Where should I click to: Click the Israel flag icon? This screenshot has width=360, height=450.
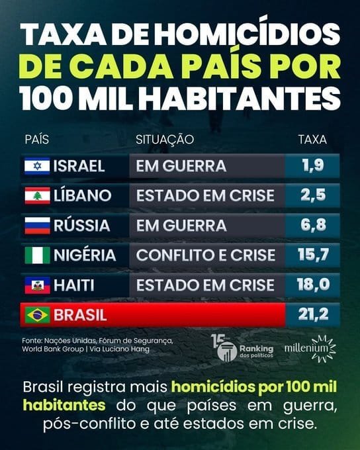(37, 166)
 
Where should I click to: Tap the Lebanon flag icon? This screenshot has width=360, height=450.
(37, 196)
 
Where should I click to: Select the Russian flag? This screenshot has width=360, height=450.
(37, 226)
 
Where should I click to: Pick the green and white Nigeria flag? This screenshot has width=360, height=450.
(37, 255)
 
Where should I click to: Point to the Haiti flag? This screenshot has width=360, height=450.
(37, 285)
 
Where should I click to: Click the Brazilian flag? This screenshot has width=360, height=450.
(37, 315)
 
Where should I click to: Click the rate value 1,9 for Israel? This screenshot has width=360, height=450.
(313, 165)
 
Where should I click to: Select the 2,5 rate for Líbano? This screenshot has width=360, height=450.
(313, 195)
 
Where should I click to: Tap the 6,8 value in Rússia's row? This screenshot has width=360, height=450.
(313, 225)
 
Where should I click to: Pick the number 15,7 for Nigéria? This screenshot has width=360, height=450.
(313, 255)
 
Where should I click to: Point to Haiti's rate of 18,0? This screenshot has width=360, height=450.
(313, 285)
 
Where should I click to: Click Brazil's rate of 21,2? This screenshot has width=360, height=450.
(313, 314)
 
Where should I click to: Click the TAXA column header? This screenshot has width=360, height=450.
(312, 140)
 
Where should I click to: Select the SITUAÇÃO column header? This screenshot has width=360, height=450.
(165, 140)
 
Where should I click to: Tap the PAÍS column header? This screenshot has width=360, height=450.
(37, 140)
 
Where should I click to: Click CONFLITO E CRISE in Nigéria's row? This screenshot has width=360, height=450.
(206, 255)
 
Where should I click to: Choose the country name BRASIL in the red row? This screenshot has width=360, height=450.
(80, 315)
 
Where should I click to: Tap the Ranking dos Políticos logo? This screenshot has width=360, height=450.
(242, 348)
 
